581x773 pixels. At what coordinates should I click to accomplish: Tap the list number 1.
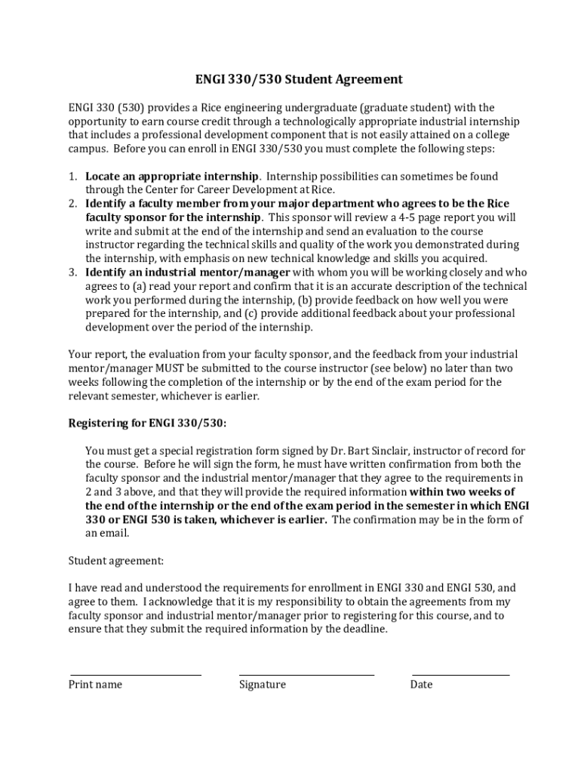(72, 177)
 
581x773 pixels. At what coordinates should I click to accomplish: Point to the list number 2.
(72, 204)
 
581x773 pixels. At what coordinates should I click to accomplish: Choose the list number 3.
(72, 273)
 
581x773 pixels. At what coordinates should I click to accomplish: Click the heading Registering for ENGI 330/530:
(147, 423)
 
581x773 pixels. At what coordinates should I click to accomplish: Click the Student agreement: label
(115, 561)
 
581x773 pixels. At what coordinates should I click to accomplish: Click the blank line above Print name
(136, 674)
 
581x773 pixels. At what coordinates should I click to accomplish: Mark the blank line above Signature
(306, 674)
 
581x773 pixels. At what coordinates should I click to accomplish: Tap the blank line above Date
(460, 674)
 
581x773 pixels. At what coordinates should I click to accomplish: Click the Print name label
(95, 685)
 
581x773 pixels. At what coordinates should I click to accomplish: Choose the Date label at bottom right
(421, 685)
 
